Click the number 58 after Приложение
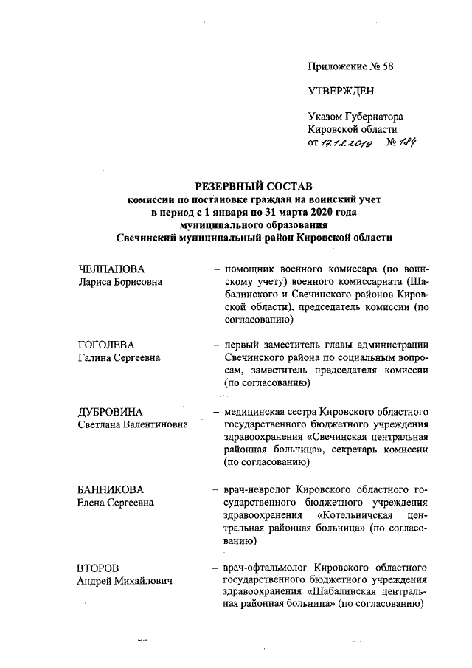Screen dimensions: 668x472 [387, 67]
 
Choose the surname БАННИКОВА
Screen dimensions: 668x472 [111, 489]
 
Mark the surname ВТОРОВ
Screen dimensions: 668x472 [97, 568]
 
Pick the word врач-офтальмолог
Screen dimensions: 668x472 [262, 568]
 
